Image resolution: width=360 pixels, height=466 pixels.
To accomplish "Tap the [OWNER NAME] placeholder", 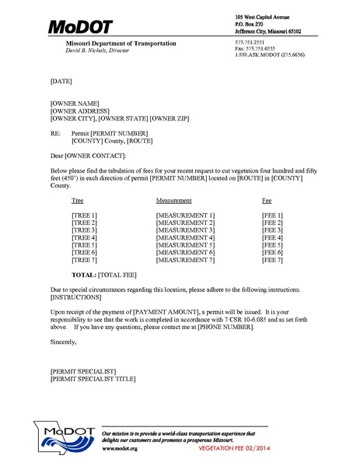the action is click(75, 103).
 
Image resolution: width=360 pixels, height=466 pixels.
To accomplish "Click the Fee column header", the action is click(267, 200).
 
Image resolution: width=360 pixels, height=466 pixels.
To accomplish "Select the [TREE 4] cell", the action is click(85, 237).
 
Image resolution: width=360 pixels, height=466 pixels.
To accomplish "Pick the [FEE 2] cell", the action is click(273, 222).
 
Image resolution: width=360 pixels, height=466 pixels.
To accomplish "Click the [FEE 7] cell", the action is click(273, 261).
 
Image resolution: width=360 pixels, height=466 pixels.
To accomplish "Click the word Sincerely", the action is click(64, 342).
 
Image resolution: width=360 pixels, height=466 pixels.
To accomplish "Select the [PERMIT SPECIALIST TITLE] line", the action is click(93, 379).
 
